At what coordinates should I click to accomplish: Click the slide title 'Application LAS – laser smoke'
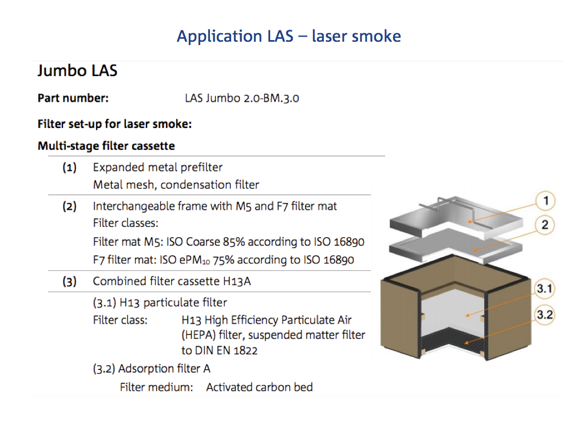(x=288, y=36)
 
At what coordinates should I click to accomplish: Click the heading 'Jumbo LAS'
(x=77, y=71)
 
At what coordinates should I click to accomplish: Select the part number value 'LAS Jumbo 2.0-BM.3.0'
(x=241, y=98)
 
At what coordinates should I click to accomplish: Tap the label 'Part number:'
(x=73, y=98)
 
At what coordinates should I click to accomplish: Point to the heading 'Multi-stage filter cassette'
(x=106, y=146)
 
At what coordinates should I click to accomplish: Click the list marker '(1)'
(x=70, y=167)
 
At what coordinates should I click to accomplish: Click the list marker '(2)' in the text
(x=70, y=206)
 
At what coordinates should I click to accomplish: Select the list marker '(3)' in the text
(x=70, y=281)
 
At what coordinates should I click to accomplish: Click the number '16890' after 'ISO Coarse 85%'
(x=346, y=242)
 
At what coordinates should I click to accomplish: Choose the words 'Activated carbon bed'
(x=259, y=387)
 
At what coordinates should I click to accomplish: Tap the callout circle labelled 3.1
(x=544, y=289)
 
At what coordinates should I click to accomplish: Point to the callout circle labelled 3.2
(x=544, y=314)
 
